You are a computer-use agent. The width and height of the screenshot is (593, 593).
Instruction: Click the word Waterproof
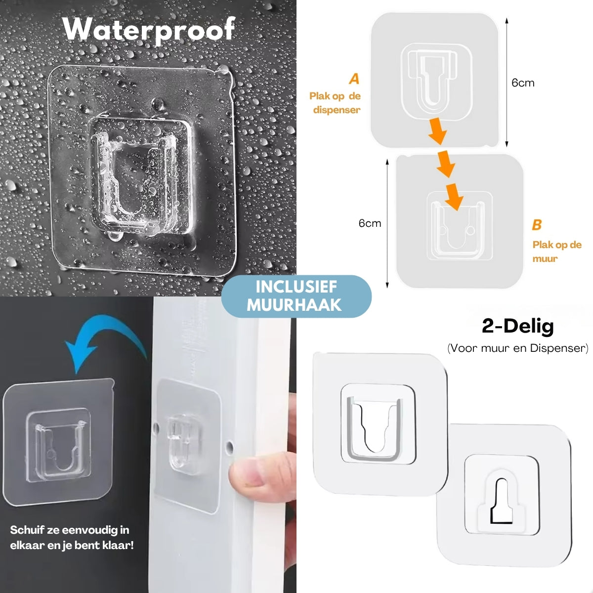149,29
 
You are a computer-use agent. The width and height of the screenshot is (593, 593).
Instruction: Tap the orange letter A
354,79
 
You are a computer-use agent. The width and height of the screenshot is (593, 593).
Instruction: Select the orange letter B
537,225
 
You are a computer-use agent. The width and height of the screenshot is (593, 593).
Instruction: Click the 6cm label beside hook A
523,83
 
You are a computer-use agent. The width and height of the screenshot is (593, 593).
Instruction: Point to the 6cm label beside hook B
370,223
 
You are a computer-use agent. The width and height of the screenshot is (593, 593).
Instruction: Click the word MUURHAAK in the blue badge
295,305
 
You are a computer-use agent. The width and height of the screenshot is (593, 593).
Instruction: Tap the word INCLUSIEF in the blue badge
296,287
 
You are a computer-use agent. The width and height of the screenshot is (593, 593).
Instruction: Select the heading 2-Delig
517,326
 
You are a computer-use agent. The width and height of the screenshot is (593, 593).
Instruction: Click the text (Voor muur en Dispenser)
517,348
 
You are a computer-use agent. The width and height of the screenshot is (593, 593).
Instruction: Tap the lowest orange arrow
453,196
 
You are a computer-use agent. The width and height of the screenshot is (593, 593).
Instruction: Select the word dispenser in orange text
337,110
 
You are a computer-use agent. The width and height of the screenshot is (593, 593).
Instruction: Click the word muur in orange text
545,258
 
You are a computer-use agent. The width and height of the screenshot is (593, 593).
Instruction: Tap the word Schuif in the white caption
27,530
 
